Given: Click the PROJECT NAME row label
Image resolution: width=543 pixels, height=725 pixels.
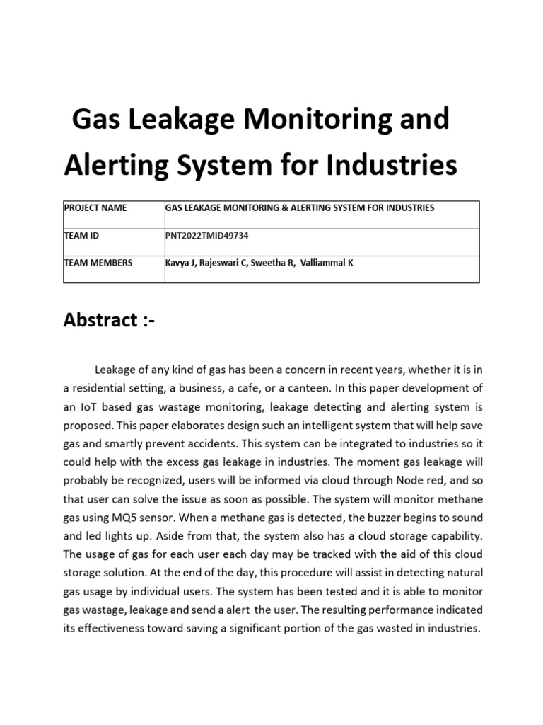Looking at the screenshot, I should (95, 207).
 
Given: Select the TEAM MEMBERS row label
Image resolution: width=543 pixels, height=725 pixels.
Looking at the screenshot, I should (98, 263).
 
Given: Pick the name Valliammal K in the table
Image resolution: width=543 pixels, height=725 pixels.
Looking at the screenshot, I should (327, 263).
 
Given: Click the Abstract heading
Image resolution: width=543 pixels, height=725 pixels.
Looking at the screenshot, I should (109, 320).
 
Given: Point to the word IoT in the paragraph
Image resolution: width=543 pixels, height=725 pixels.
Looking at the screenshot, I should (89, 407).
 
